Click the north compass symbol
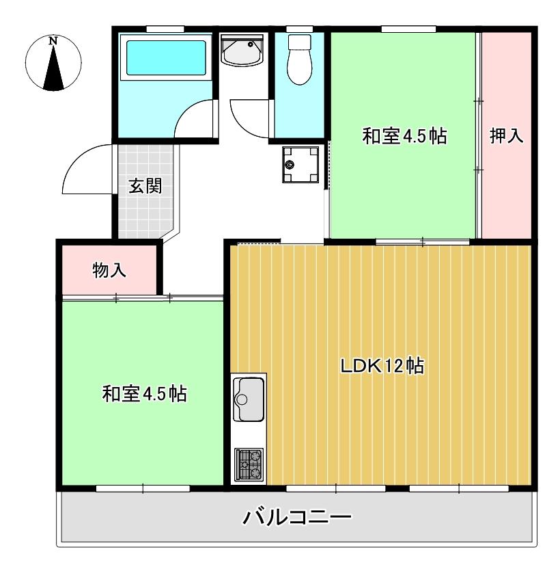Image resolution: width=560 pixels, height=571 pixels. [x=53, y=66]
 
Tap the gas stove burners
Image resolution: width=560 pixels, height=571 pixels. [x=248, y=464]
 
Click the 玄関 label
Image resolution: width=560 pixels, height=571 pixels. [x=145, y=185]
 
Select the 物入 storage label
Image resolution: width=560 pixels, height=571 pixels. [x=109, y=270]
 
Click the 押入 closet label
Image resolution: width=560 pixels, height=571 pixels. [x=506, y=135]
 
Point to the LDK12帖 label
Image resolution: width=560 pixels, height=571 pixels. [x=382, y=366]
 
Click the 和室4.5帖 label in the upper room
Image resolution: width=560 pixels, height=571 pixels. [x=404, y=136]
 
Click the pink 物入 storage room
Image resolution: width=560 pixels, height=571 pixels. [x=109, y=270]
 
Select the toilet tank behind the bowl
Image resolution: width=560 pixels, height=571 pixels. [x=298, y=42]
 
